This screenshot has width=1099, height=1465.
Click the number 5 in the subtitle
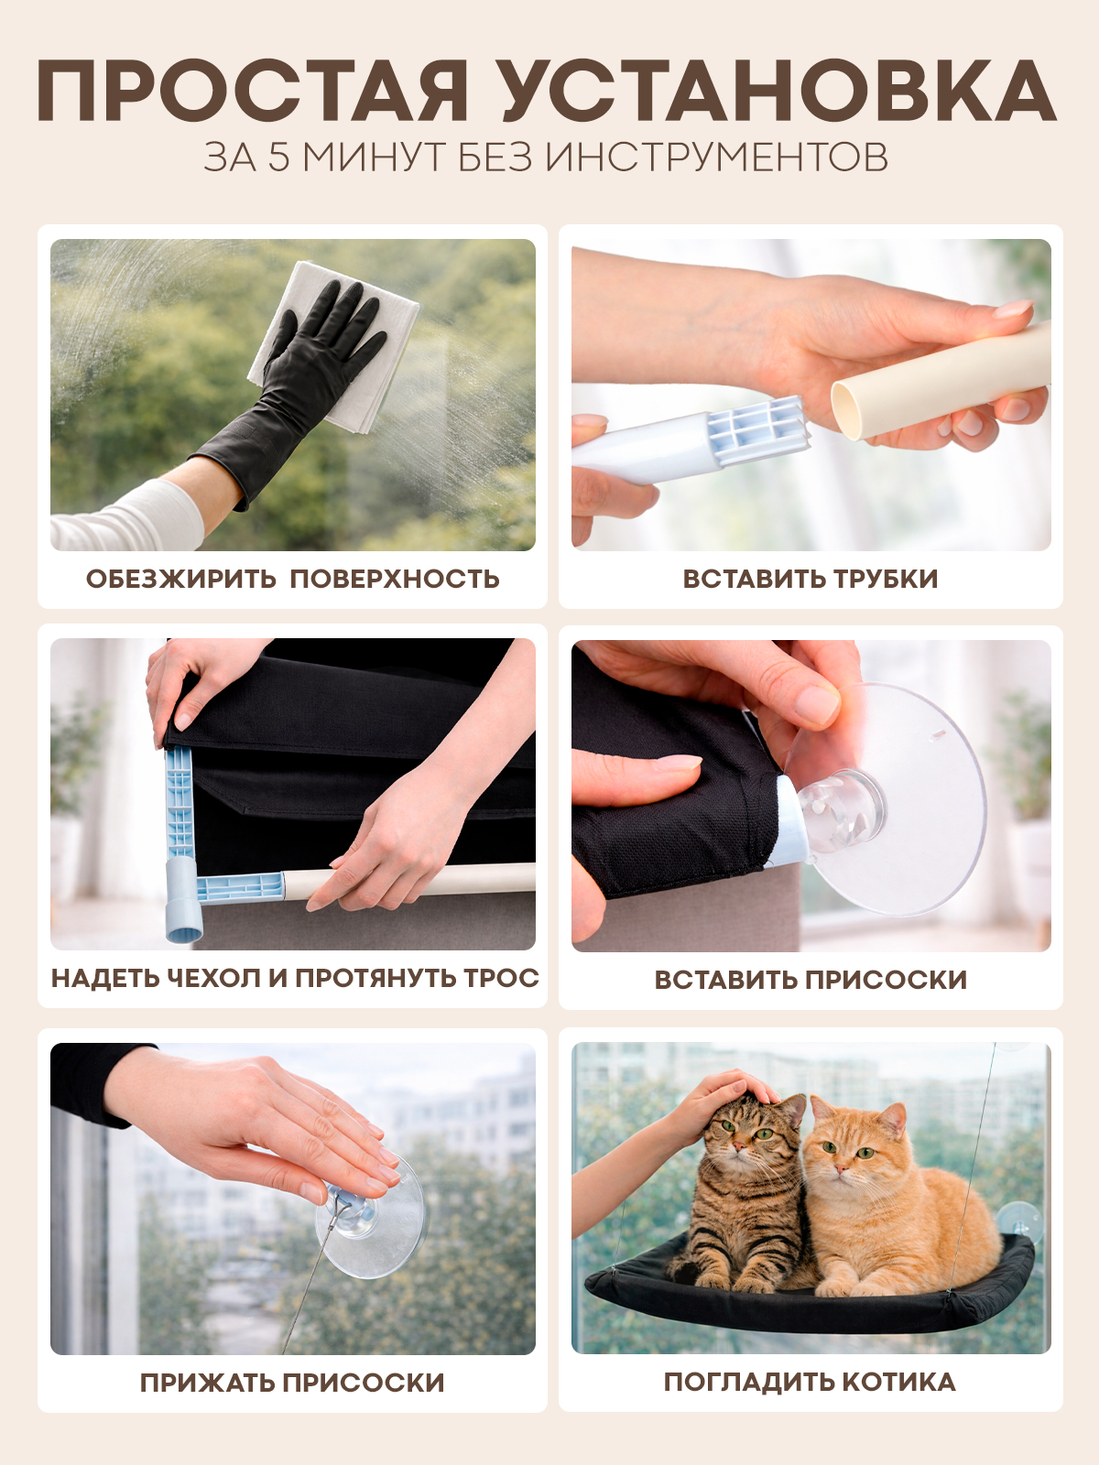pyautogui.click(x=278, y=157)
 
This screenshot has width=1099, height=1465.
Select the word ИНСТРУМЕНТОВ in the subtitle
pyautogui.click(x=717, y=157)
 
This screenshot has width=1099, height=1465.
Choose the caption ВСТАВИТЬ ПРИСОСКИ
pyautogui.click(x=811, y=980)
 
